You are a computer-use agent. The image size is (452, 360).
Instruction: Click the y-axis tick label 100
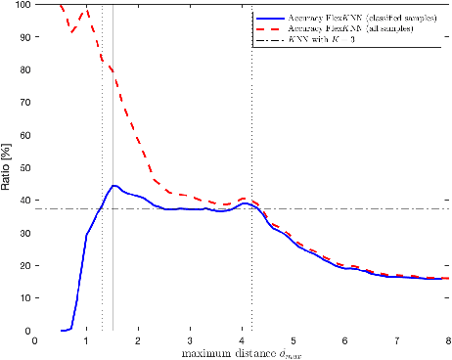20,5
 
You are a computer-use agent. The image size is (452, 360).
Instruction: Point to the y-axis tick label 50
23,168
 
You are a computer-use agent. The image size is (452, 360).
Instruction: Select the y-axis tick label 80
23,69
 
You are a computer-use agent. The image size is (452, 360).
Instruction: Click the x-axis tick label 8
448,340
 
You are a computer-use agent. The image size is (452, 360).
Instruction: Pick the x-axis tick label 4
242,340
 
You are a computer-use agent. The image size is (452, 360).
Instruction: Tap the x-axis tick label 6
344,340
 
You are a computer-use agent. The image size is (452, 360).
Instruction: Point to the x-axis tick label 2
138,340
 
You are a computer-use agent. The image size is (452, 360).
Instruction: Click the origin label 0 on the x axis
35,340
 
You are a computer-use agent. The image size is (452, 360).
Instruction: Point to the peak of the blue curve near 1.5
113,185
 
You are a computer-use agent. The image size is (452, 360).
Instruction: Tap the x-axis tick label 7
396,340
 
